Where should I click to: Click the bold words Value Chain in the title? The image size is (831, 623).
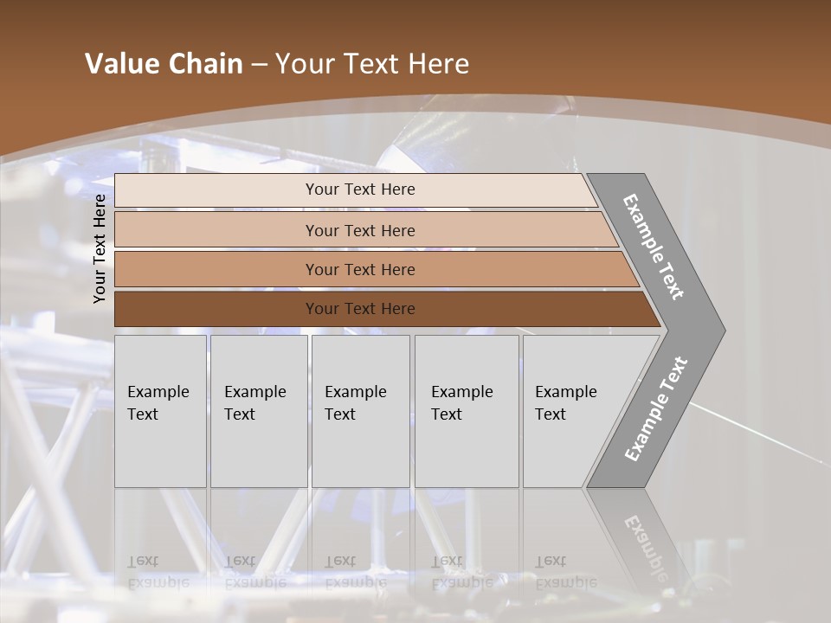click(x=164, y=64)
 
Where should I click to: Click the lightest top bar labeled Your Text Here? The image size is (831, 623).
click(x=359, y=189)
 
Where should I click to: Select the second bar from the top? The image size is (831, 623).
click(x=359, y=230)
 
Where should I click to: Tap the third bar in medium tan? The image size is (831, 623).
click(x=359, y=269)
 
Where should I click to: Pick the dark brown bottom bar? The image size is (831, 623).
click(x=359, y=309)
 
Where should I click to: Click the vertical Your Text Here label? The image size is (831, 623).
click(x=100, y=248)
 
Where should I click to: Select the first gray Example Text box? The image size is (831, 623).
click(x=160, y=411)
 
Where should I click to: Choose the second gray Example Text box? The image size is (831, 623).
click(x=259, y=411)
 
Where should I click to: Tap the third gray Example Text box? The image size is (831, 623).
click(x=360, y=411)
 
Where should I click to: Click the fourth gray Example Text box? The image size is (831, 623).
click(x=467, y=411)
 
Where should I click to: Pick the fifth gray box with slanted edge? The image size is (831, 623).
click(x=571, y=411)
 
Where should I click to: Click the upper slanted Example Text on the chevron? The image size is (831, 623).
click(x=654, y=247)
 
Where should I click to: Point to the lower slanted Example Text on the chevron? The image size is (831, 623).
click(x=655, y=409)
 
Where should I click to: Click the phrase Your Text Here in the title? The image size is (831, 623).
click(x=372, y=64)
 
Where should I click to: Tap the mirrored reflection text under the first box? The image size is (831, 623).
click(x=158, y=572)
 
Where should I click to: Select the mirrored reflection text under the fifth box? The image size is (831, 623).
click(x=565, y=572)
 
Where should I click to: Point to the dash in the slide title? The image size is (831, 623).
click(x=259, y=65)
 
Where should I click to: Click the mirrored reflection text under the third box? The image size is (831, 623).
click(x=355, y=572)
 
